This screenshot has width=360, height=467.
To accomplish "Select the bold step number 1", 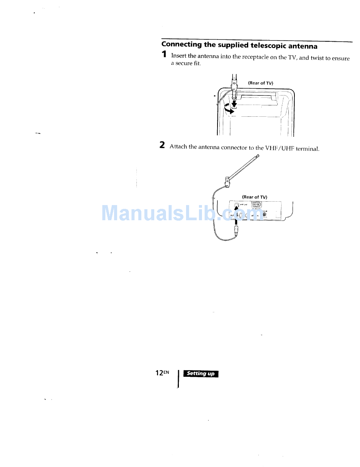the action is click(x=164, y=55).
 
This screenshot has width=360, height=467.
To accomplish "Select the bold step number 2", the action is click(x=162, y=145).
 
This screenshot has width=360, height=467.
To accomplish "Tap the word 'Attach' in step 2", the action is click(x=179, y=147).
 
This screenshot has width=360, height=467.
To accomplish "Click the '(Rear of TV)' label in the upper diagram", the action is click(x=261, y=83).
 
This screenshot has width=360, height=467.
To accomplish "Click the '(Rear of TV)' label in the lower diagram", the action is click(x=255, y=197).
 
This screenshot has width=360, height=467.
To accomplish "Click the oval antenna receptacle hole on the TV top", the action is click(x=234, y=107).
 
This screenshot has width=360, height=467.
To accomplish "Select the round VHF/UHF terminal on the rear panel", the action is click(x=238, y=206).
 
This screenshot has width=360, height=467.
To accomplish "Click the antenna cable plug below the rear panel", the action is click(x=236, y=230).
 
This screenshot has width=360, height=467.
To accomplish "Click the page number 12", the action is click(x=159, y=373).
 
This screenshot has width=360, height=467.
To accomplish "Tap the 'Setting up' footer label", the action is click(x=200, y=374).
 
